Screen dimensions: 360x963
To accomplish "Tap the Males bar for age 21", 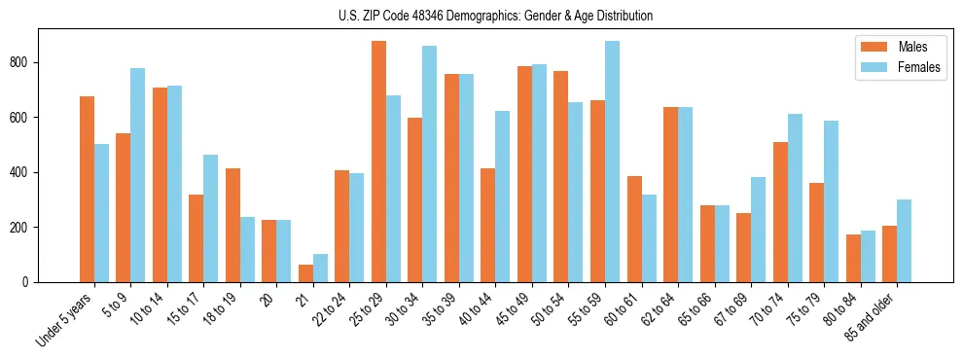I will (x=305, y=273).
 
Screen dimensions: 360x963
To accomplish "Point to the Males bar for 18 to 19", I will (x=232, y=225).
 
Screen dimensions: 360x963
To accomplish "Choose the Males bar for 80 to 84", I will (x=853, y=258).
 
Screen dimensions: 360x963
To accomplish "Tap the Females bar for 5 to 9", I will (x=138, y=175).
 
